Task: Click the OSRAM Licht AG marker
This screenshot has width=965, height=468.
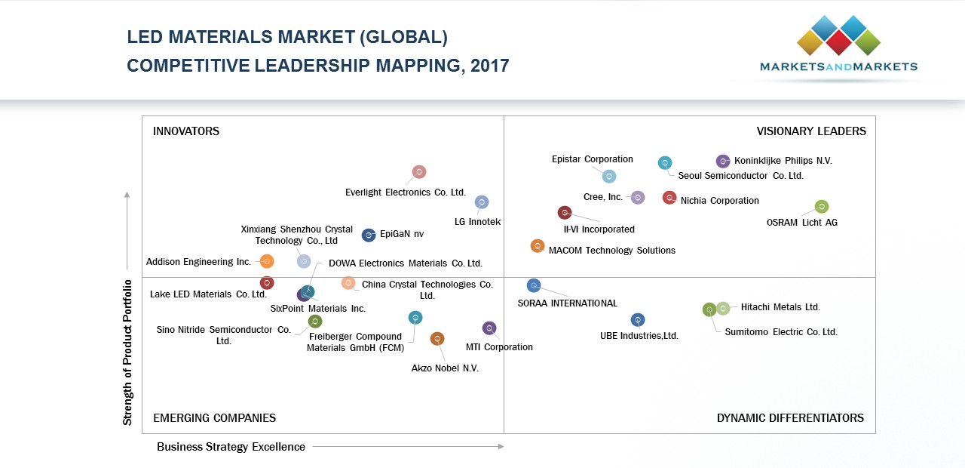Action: coord(822,207)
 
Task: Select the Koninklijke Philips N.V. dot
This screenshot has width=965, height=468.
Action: coord(722,161)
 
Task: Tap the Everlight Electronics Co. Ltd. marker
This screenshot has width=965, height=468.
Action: coord(419,172)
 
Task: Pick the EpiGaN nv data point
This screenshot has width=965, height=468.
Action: coord(369,236)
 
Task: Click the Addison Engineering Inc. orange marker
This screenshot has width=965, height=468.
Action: coord(267,261)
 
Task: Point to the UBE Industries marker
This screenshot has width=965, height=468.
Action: coord(638,320)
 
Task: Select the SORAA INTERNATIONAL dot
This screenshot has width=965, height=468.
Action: coord(534,285)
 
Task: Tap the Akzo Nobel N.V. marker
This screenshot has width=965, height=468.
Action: coord(437,339)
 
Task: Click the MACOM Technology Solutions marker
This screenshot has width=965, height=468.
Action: coord(538,246)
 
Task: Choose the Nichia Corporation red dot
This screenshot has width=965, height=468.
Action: coord(669,198)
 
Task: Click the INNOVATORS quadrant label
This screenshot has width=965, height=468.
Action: coord(186,131)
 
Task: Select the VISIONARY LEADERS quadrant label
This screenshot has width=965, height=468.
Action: coord(811,131)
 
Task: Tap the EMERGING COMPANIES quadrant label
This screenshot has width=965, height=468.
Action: coord(214,418)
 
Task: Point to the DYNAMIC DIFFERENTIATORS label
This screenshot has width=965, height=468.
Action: coord(790,418)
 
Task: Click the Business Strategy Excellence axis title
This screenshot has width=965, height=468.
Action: coord(231,447)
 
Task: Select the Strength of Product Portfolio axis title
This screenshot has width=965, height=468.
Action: coord(127,352)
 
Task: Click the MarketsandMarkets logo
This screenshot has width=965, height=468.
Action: coord(838,45)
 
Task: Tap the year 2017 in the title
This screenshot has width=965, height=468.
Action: coord(489,66)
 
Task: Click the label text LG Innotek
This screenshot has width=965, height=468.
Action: coord(478,222)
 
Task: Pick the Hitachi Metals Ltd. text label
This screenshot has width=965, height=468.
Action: coord(780,307)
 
